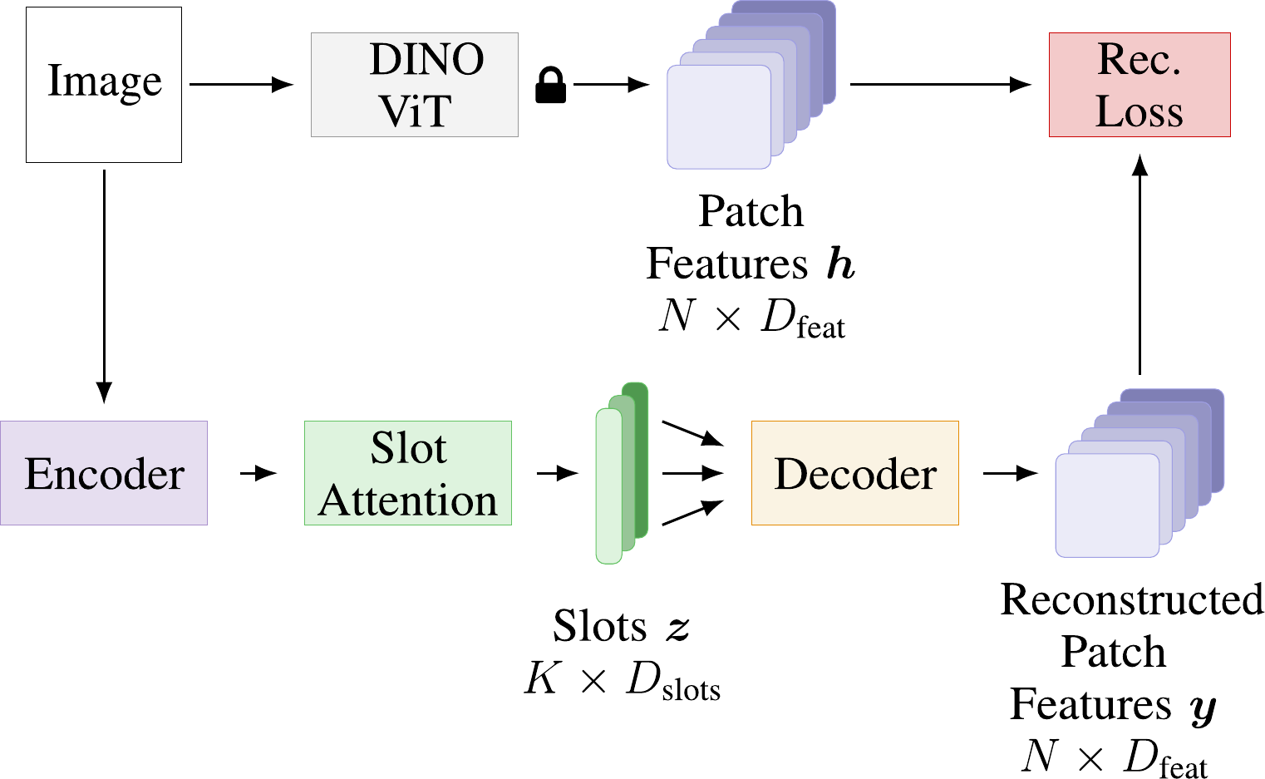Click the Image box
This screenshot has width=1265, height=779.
pos(104,84)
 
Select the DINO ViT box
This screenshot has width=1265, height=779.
pos(414,85)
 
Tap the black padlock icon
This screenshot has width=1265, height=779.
pos(550,86)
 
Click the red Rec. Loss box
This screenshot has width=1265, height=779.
pos(1139,85)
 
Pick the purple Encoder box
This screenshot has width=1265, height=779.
pos(104,473)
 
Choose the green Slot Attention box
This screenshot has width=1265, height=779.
pos(407,473)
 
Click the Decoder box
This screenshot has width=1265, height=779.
pos(854,473)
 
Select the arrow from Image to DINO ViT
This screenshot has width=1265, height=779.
pos(241,84)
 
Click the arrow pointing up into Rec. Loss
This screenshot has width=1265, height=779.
pos(1139,266)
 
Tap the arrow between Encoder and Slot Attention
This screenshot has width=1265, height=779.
pos(258,473)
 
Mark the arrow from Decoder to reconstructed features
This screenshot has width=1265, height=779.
pos(1010,473)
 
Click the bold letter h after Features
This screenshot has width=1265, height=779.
pos(840,264)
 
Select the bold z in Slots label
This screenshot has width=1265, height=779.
pos(677,628)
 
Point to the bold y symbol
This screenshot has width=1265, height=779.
pos(1203,708)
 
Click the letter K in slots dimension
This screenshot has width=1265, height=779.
pos(542,678)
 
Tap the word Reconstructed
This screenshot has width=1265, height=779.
pos(1131,599)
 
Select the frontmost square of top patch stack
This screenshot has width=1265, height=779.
pos(718,116)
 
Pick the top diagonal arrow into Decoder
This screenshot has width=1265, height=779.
pos(693,433)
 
